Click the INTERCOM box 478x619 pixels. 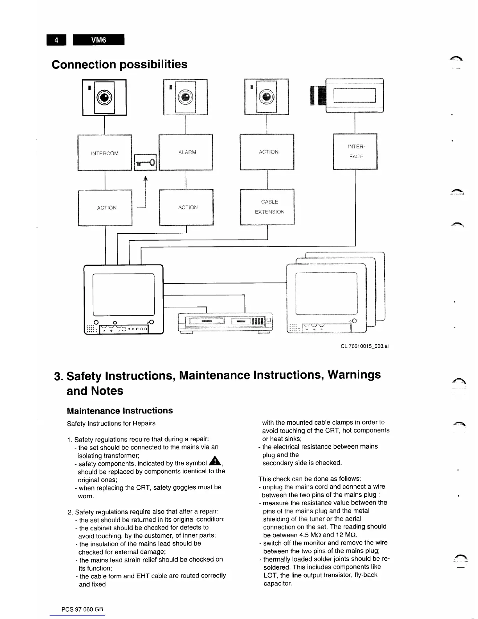coord(105,152)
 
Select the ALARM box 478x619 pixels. coord(186,152)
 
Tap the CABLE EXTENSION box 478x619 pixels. coord(267,207)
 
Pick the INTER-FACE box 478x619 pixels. coord(355,152)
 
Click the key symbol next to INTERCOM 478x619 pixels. coord(145,162)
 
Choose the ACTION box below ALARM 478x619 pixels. coord(186,207)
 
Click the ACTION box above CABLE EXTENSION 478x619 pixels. coord(267,152)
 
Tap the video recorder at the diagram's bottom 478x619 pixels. coord(226,323)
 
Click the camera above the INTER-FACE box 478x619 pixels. coord(348,95)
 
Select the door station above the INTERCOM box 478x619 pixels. coord(104,97)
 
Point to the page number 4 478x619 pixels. coord(57,40)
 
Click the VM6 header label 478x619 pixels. coord(98,40)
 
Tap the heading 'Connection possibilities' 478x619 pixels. coord(119,64)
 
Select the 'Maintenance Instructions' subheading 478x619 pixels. coord(119,411)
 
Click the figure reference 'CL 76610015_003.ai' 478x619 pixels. coord(364,346)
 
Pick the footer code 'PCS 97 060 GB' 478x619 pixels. coord(82,609)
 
